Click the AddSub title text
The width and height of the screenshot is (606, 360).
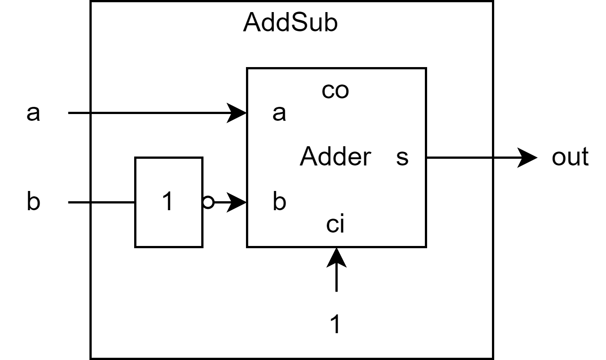point(290,23)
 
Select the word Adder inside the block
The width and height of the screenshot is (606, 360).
point(335,157)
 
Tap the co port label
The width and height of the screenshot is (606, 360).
point(335,91)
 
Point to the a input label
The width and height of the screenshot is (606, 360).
point(279,114)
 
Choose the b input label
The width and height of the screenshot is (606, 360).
point(279,202)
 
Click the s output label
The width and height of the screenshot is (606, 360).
point(402,157)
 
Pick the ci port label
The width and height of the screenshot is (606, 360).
point(335,224)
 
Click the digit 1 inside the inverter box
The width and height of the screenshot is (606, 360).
point(167,202)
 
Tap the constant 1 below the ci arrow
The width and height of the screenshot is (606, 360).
point(335,324)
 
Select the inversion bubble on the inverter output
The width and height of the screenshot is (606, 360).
point(208,203)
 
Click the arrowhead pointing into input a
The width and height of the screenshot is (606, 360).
point(237,113)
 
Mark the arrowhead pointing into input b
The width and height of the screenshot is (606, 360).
point(237,203)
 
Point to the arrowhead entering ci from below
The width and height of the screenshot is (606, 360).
point(336,257)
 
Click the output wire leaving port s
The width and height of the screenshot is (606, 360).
point(459,157)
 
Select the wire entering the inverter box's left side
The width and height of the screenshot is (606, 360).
point(113,203)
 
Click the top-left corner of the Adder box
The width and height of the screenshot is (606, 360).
point(247,68)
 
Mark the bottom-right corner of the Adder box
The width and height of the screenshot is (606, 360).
point(426,246)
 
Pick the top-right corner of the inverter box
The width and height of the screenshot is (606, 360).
point(202,158)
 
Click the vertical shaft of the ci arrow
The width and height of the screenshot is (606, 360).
point(336,280)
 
